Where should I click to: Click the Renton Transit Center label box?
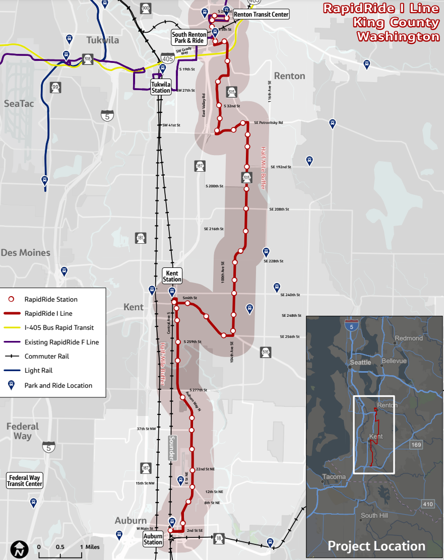point(261,15)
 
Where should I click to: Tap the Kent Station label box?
point(172,276)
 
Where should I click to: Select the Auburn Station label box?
point(153,539)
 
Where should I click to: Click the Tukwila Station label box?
point(161,87)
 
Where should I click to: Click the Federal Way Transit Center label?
point(25,480)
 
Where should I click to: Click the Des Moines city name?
point(26,252)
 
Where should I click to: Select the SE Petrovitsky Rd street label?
point(269,122)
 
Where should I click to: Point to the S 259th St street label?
point(192,341)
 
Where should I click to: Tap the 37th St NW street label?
point(146,429)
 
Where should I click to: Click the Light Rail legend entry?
point(38,371)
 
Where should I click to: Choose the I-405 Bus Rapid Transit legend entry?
point(59,328)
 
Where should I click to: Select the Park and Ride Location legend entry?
point(58,386)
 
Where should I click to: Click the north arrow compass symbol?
point(19,549)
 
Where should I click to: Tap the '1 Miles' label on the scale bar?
point(90,547)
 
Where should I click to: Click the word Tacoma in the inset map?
point(334,476)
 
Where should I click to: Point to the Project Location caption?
point(376,546)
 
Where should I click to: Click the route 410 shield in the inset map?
point(428,504)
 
